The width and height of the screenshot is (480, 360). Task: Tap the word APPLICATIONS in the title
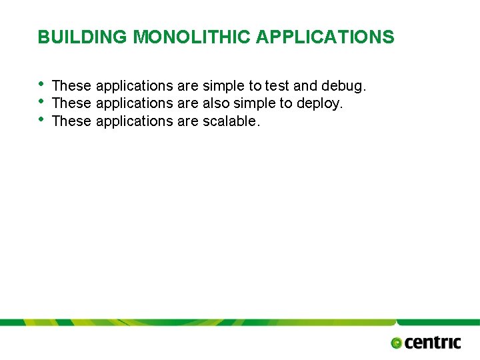point(325,37)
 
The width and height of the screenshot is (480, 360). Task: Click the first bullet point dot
point(42,84)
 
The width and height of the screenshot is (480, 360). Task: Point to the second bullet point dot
point(42,102)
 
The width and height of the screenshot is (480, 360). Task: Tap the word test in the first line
point(277,86)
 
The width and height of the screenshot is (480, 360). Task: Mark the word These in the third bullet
point(71,121)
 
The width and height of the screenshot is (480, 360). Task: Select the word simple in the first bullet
point(224,86)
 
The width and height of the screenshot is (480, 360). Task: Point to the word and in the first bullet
point(305,86)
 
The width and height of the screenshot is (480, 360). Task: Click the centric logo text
point(433,343)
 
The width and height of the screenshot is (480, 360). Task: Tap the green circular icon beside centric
point(397,343)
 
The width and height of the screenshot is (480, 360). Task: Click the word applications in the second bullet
point(135,103)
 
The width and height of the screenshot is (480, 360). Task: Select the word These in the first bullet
point(71,86)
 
